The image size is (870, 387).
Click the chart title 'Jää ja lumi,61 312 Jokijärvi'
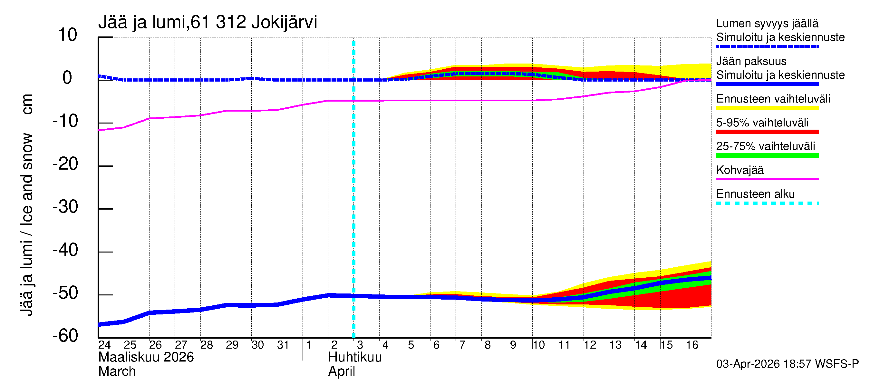coord(208,22)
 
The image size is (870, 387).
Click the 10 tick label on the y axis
coord(68,35)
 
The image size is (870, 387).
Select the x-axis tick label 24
coord(104,345)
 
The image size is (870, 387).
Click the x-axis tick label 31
coord(283,345)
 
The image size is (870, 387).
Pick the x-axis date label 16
coord(692,345)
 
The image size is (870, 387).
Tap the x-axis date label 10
coord(538,345)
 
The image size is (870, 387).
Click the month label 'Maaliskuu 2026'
coord(146,357)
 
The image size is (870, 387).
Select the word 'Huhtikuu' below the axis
coord(355,357)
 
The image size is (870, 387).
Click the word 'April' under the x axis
coord(342,372)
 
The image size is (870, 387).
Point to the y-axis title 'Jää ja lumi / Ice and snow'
coord(27,225)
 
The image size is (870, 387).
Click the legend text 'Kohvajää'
coord(739,170)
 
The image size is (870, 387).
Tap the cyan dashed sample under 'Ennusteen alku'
coord(767,203)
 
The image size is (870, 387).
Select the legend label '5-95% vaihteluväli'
coord(762,123)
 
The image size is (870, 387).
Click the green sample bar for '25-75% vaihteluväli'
coord(767,155)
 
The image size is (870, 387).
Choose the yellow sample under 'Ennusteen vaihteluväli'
coord(767,108)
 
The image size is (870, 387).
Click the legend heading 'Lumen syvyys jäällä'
coord(767,24)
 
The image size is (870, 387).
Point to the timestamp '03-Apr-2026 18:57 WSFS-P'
coord(787,364)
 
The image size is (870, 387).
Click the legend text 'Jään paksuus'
coord(751,61)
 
